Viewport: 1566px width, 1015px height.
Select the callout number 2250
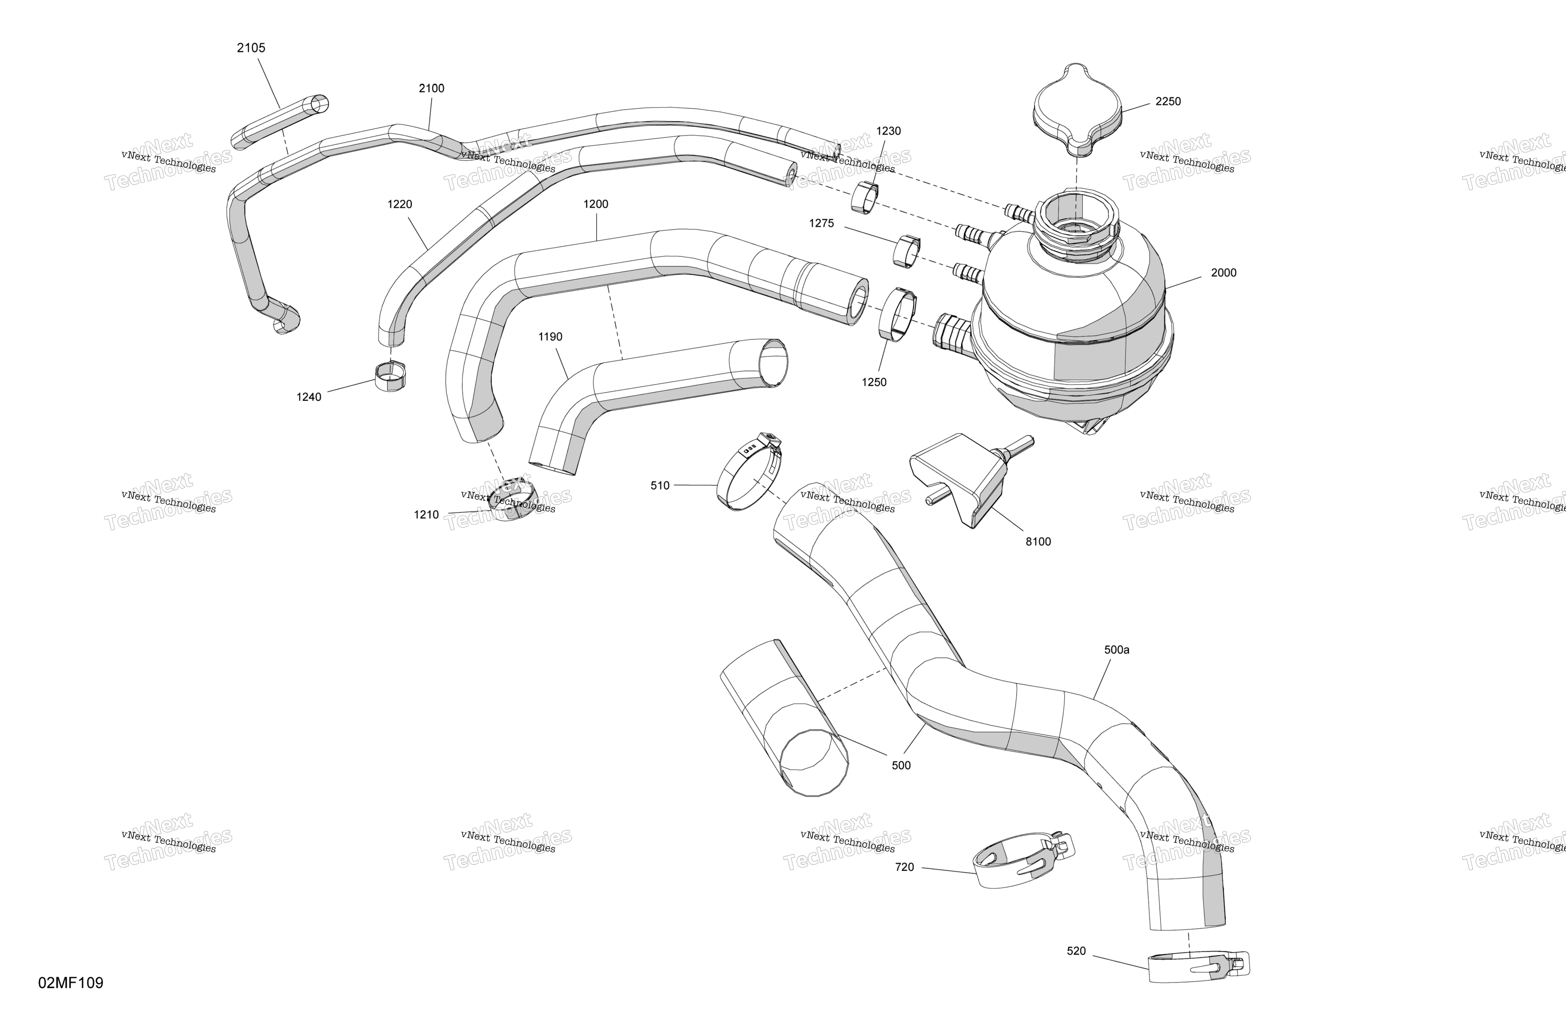tap(1168, 101)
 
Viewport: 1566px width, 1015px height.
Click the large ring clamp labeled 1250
tap(898, 314)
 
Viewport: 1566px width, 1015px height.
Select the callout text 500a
tap(1117, 650)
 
